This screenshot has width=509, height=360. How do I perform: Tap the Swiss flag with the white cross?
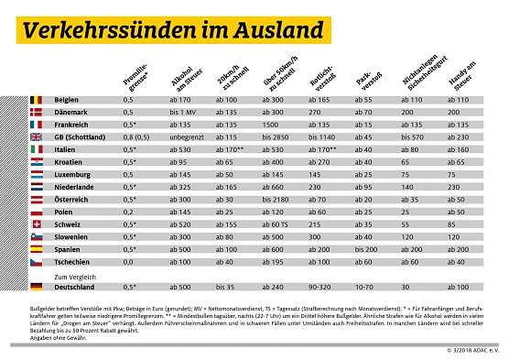point(37,224)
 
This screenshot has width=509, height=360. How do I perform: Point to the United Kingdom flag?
point(37,136)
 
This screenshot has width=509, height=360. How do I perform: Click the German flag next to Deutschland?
point(37,286)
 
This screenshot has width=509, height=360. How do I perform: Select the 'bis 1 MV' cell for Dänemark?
point(184,111)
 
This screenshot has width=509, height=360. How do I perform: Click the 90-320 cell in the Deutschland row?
point(321,286)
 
